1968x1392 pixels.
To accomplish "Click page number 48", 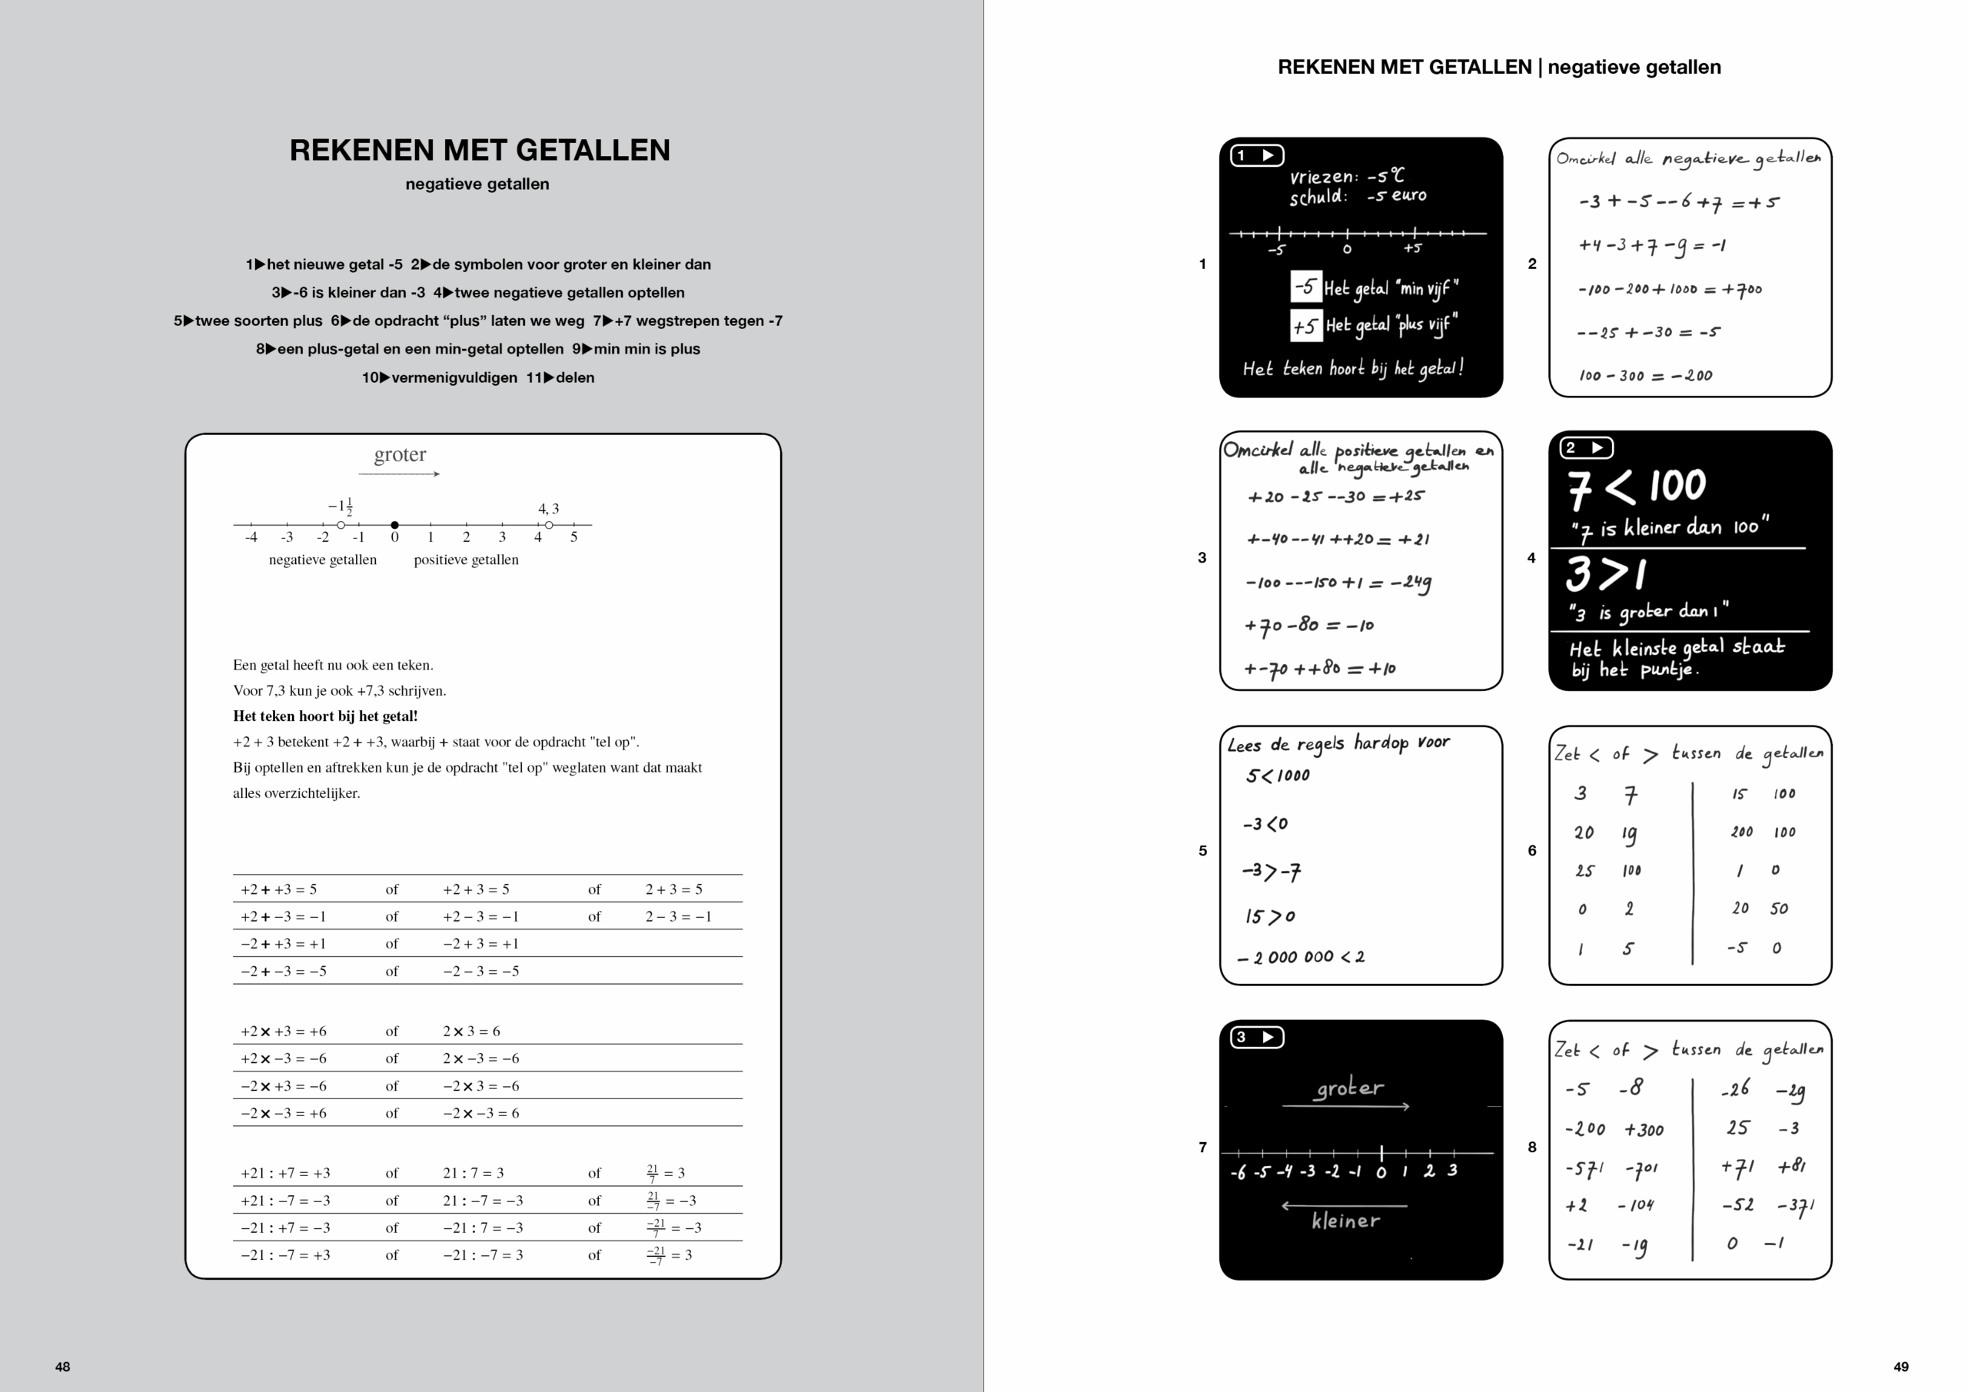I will (62, 1367).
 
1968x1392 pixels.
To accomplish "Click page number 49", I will (1900, 1367).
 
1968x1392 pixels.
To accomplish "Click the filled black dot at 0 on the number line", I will (394, 524).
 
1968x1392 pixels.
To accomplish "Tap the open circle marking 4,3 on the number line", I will (549, 524).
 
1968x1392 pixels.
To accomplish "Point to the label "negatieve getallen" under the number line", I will (322, 560).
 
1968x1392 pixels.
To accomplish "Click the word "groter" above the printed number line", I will (400, 454).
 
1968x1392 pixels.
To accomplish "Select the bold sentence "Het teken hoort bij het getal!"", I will (325, 716).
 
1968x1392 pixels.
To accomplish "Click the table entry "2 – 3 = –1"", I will (678, 916).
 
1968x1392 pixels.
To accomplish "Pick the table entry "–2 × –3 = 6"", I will (481, 1112).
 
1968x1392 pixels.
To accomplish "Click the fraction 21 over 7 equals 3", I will (665, 1173).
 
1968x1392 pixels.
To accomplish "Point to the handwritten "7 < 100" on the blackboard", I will (1637, 487).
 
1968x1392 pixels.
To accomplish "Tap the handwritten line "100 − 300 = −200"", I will (1645, 375).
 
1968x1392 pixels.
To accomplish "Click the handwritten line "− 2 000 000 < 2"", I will (1300, 958).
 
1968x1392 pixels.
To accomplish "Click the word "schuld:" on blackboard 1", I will (1318, 197).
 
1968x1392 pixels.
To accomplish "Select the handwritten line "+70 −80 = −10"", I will (1309, 625).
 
